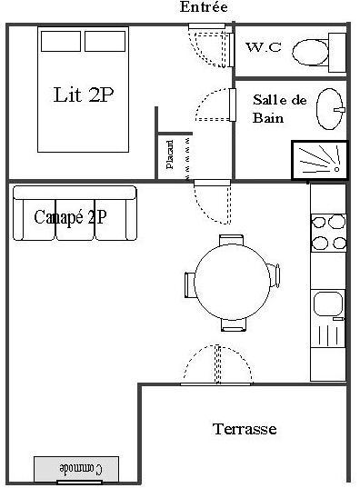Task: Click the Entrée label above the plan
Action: pos(204,7)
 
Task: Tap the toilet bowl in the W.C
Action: pos(310,53)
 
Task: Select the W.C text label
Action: pos(264,47)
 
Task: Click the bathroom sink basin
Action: pos(329,109)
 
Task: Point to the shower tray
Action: pos(320,160)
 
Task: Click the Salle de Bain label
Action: pos(279,109)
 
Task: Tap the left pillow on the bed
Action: pos(61,41)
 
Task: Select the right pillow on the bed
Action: pos(105,41)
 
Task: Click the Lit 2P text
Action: pos(84,95)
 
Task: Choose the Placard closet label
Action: pos(170,154)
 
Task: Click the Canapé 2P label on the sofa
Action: pos(70,217)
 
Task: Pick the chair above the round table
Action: pos(231,240)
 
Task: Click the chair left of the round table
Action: pos(190,284)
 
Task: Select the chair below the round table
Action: pos(234,324)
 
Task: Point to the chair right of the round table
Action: pos(274,275)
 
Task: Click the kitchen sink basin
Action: pos(328,304)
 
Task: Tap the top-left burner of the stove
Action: pos(318,223)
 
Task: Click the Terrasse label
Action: pos(245,429)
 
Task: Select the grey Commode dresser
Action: pos(76,469)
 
